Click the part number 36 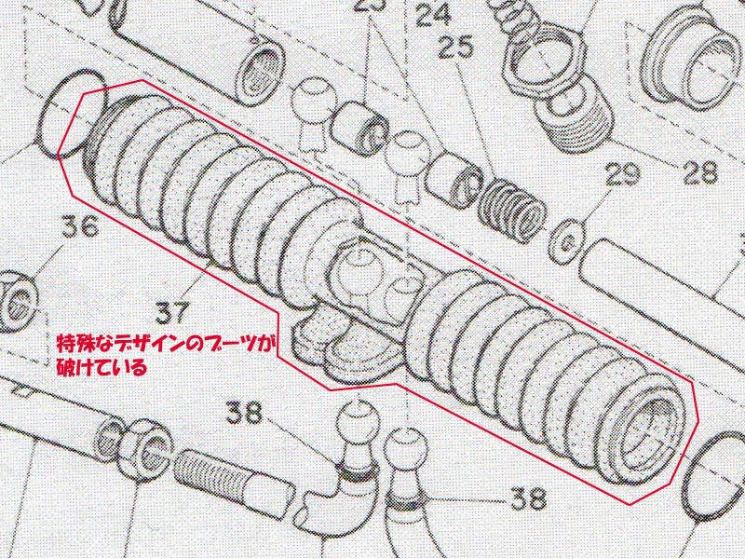80,226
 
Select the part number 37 172,312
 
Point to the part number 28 700,172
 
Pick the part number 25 455,47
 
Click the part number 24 433,13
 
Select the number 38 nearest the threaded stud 243,414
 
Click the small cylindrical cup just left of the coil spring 453,179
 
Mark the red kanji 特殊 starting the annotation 73,344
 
